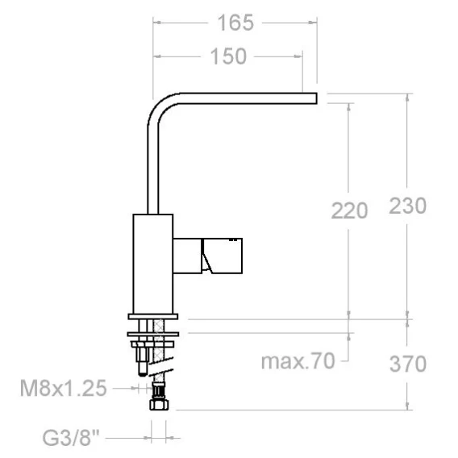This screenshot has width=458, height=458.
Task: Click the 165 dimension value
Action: [x=235, y=23]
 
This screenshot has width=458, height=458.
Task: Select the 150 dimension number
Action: [x=228, y=56]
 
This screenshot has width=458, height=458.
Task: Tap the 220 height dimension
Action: [x=349, y=210]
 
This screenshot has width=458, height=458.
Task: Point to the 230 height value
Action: [x=408, y=206]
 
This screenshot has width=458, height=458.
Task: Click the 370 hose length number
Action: [x=408, y=364]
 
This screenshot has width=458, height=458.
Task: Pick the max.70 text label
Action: [x=298, y=361]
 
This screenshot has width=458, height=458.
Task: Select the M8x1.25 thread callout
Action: [x=63, y=388]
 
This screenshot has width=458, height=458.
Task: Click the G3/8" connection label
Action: [x=71, y=437]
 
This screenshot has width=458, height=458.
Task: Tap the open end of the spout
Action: [x=317, y=98]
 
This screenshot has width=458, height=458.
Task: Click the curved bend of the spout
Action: [x=160, y=106]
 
